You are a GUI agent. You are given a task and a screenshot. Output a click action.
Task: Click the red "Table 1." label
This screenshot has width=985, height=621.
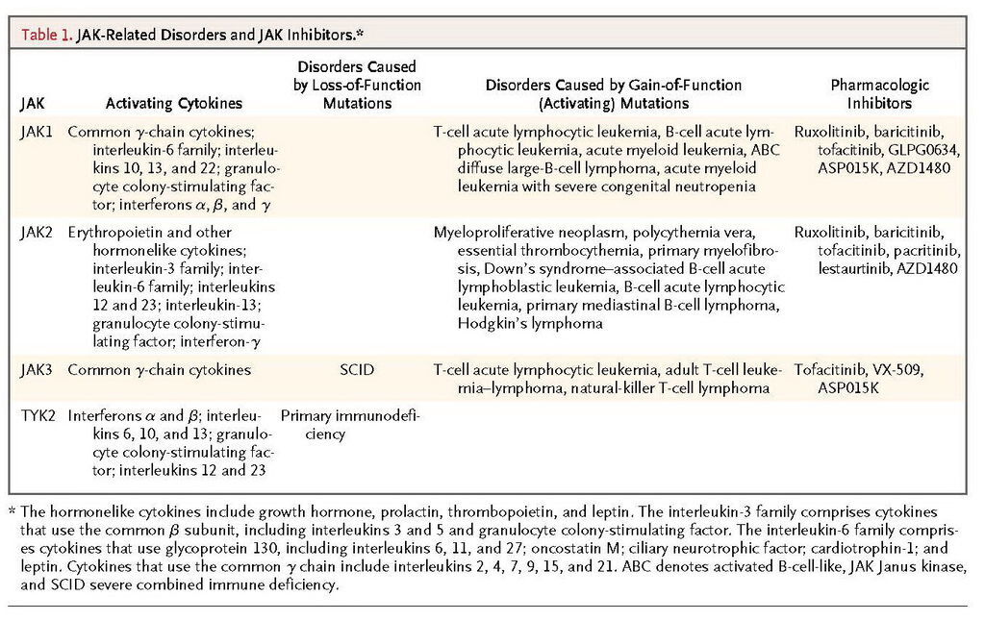click(x=43, y=35)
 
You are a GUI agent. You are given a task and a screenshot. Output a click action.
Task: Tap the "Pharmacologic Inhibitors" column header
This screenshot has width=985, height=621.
click(x=879, y=94)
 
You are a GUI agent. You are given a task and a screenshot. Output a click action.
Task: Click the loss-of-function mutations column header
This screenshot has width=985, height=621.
click(x=356, y=85)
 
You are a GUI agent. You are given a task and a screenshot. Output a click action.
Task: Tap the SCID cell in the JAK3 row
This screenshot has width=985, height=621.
click(x=356, y=370)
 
